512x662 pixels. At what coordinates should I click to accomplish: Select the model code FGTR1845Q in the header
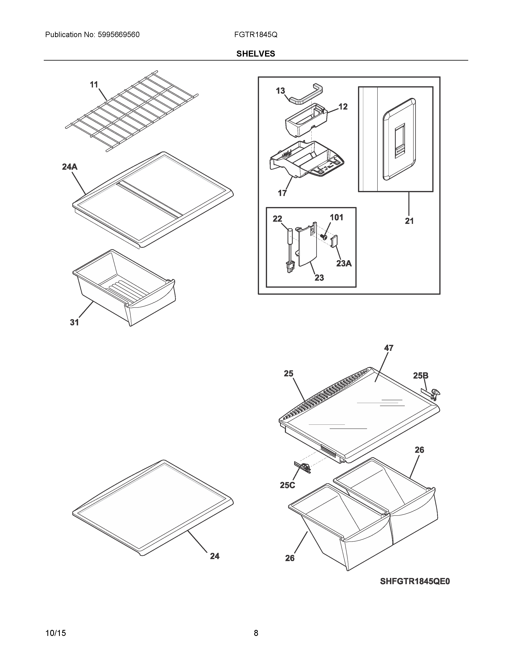click(256, 35)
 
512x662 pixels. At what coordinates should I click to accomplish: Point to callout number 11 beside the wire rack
click(94, 85)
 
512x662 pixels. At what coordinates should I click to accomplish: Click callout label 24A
click(69, 167)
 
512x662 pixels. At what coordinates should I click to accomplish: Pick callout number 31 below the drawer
click(74, 323)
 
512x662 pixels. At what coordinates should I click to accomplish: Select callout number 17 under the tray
click(282, 193)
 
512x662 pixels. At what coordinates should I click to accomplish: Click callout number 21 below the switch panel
click(409, 221)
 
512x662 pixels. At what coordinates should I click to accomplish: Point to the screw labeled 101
click(323, 237)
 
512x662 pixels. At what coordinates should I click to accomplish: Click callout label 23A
click(344, 263)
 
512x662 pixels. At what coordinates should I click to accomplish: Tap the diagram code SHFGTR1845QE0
click(415, 581)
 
